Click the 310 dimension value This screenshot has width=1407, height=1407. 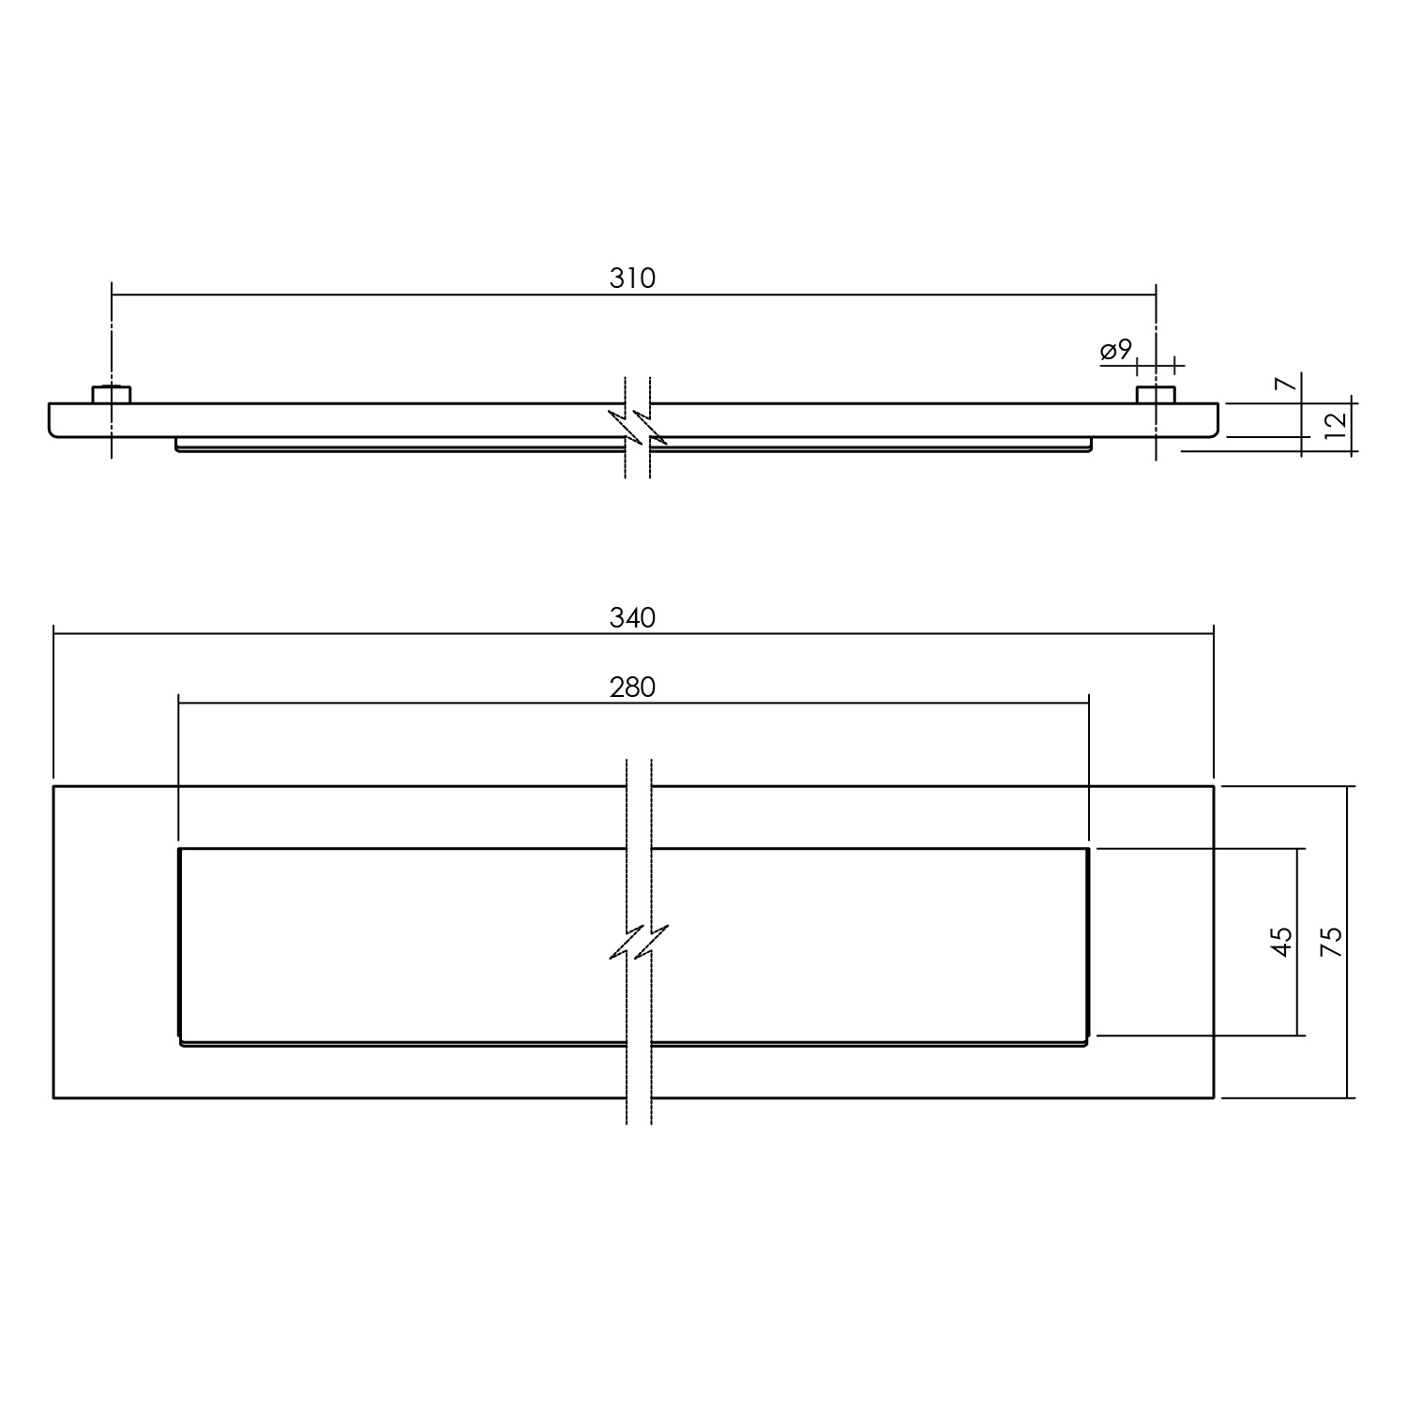pyautogui.click(x=632, y=279)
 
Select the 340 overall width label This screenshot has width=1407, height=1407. pyautogui.click(x=632, y=618)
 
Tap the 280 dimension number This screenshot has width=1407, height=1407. pyautogui.click(x=632, y=688)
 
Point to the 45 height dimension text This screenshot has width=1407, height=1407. pyautogui.click(x=1282, y=941)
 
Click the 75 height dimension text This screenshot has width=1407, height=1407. pyautogui.click(x=1332, y=941)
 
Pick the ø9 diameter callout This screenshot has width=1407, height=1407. pyautogui.click(x=1116, y=351)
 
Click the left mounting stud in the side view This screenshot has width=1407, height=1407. pyautogui.click(x=112, y=394)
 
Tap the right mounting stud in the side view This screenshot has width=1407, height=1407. pyautogui.click(x=1156, y=394)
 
